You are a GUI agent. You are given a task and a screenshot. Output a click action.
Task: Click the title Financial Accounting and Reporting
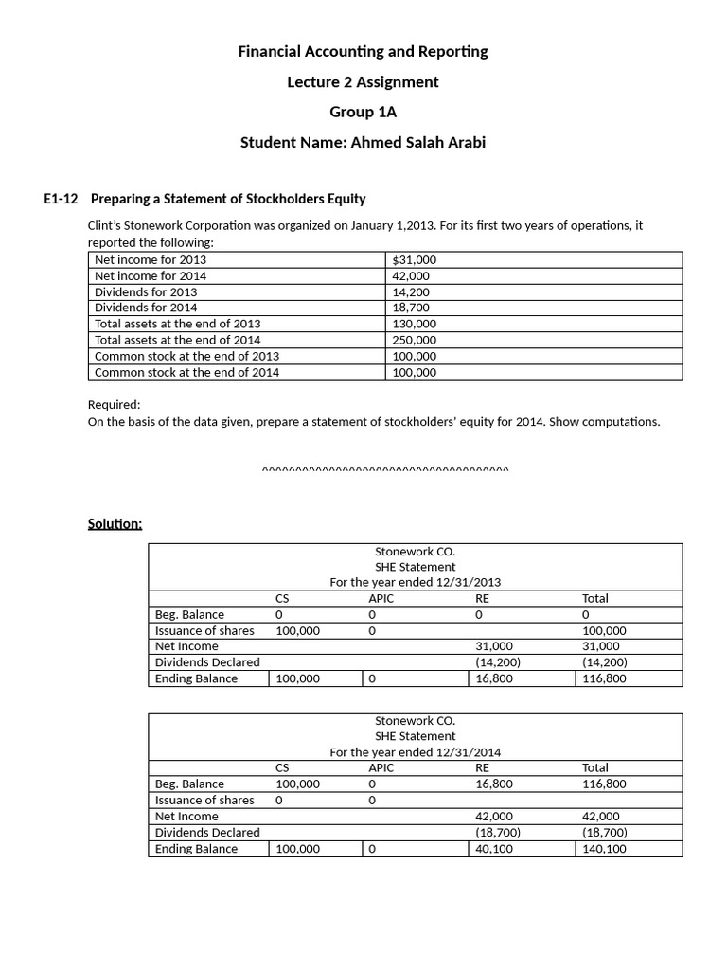coord(363,51)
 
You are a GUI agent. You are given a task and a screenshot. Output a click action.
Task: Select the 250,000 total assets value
coord(414,340)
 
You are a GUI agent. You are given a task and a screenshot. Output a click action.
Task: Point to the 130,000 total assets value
coord(414,324)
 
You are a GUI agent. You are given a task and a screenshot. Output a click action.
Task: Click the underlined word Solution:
coord(115,523)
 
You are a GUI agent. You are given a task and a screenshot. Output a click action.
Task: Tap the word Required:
coord(114,404)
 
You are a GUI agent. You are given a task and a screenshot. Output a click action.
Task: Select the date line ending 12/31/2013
coord(415,582)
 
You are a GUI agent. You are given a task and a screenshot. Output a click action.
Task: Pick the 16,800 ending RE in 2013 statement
coord(494,678)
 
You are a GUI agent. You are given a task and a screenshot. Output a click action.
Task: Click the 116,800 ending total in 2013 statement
coord(604,678)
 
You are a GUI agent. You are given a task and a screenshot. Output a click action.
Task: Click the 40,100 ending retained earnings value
coord(494,849)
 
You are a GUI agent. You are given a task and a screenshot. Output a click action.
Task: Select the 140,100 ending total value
coord(604,849)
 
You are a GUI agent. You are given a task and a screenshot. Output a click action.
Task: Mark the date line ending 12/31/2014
coord(415,752)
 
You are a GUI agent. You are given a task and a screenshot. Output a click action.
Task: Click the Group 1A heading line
coord(363,112)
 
